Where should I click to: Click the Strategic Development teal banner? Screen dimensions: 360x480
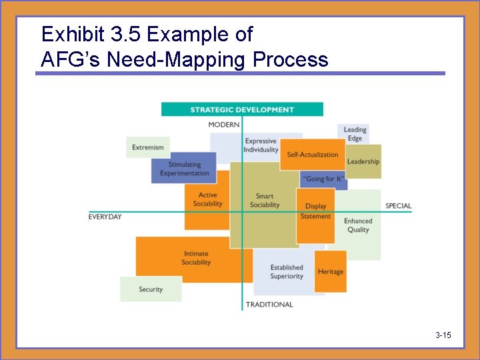point(242,109)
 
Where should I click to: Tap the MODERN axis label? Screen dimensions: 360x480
point(224,125)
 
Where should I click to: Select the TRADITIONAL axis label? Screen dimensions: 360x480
point(269,305)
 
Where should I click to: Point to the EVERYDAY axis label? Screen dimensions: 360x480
point(105,217)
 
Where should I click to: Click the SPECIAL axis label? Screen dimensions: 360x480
point(398,206)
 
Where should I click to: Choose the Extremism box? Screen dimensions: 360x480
point(148,147)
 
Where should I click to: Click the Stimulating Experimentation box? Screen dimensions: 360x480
point(184,169)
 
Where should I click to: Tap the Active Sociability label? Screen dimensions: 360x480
point(207,199)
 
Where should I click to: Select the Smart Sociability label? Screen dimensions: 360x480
point(265,201)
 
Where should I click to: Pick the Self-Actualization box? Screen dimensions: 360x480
point(313,155)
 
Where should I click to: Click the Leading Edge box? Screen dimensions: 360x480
point(355,134)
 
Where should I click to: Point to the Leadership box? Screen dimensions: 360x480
point(363,161)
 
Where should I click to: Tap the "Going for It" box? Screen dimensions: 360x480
point(324,179)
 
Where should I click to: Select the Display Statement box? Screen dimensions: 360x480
point(315,211)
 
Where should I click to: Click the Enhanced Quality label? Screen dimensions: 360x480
point(358,225)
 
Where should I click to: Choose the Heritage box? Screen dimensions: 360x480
point(331,271)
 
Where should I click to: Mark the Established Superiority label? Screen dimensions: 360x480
point(287,272)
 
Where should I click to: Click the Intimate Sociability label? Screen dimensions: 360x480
point(196,258)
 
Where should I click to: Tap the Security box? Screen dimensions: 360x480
point(151,289)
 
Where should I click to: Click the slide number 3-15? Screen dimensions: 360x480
point(443,335)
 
